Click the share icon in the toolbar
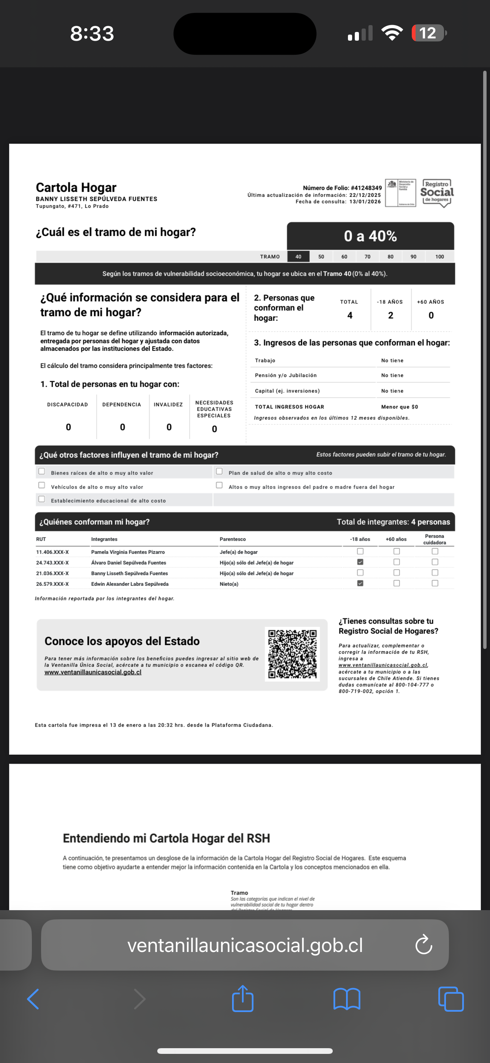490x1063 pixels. [x=242, y=999]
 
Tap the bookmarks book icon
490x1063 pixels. [x=347, y=999]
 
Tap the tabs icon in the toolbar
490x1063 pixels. [x=451, y=999]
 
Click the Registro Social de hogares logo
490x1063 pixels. [x=437, y=193]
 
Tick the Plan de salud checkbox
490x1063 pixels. [x=220, y=471]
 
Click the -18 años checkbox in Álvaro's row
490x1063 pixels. [x=360, y=562]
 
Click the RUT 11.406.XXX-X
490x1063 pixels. [x=52, y=552]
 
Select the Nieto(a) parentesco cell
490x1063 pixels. [x=229, y=584]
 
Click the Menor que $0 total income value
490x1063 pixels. [x=399, y=407]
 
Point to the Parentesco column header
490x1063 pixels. [x=232, y=539]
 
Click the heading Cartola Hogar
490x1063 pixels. [x=76, y=188]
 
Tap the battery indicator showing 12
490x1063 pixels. [x=428, y=33]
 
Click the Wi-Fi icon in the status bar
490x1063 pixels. [x=392, y=33]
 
